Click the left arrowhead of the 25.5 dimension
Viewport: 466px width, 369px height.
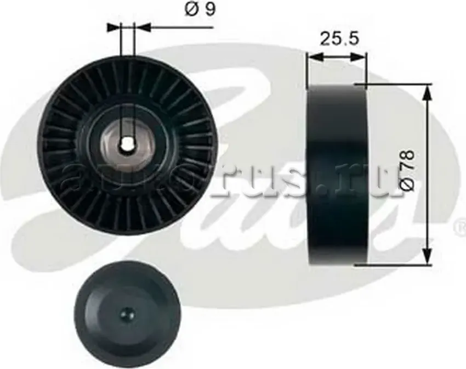(312, 55)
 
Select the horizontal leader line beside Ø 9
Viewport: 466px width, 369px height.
(175, 26)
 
